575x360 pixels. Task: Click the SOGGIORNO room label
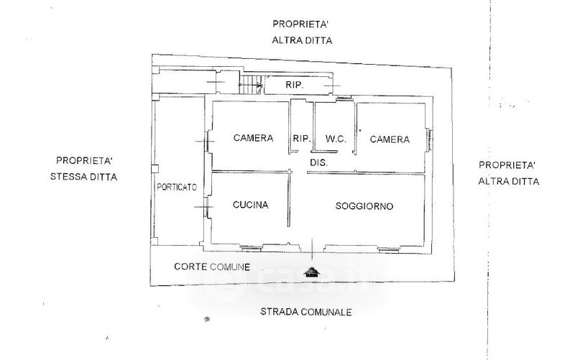coord(364,206)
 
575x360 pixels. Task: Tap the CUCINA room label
coord(251,206)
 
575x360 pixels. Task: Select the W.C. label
coord(336,139)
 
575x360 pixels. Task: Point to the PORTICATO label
coord(177,187)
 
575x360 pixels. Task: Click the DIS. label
coord(319,163)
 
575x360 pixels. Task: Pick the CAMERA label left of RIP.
coord(253,139)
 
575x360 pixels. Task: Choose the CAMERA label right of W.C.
coord(390,139)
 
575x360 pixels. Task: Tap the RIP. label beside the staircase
coord(294,86)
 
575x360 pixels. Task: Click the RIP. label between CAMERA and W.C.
coord(300,139)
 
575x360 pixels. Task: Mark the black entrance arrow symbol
coord(310,272)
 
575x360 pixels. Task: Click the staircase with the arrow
coord(250,86)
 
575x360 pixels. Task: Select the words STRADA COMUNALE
coord(305,313)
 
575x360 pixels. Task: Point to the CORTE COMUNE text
coord(212,267)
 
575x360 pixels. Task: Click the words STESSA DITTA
coord(84,176)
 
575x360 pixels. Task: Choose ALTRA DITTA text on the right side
coord(508,182)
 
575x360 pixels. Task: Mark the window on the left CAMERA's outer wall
coord(208,141)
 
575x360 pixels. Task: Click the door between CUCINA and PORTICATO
coord(207,208)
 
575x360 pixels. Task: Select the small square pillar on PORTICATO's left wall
coord(155,169)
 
